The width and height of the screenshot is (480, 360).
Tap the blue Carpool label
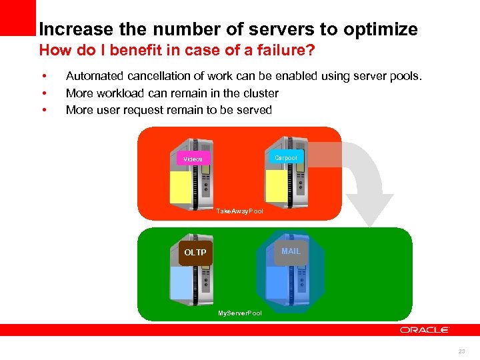286,157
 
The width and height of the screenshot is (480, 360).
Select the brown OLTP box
195,253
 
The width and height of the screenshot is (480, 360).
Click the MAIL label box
291,251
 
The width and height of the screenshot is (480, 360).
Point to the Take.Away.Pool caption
239,211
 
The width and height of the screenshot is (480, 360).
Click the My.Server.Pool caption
240,313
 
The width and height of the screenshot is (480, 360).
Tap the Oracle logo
425,330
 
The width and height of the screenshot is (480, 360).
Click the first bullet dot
43,77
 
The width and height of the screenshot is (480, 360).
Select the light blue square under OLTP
181,283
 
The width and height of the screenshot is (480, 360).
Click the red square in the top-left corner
17,17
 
